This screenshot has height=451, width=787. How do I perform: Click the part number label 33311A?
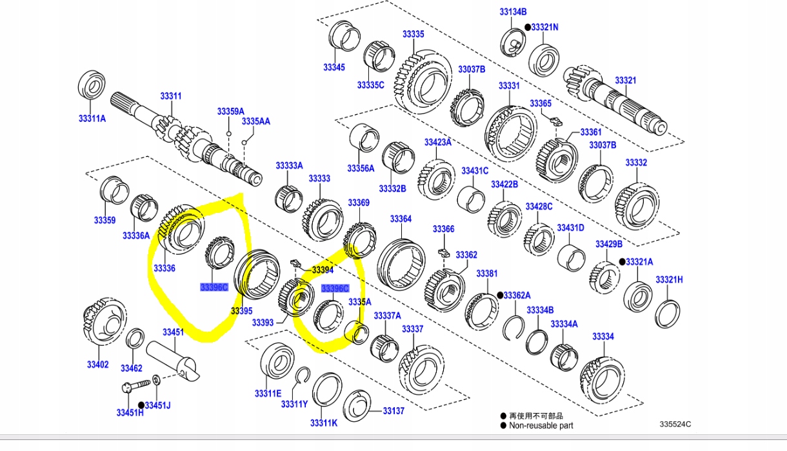point(92,118)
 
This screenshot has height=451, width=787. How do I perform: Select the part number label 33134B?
point(513,12)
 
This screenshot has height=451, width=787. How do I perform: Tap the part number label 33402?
point(98,365)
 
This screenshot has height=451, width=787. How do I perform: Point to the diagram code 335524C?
point(675,424)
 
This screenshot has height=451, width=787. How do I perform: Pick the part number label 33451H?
point(130,413)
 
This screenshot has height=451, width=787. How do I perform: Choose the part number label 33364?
point(400,219)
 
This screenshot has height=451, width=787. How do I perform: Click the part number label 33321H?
point(669,279)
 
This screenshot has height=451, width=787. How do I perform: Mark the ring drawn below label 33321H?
point(667,312)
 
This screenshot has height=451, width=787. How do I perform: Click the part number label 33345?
point(334,67)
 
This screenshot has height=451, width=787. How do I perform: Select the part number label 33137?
point(393,410)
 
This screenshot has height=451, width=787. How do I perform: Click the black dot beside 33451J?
point(141,405)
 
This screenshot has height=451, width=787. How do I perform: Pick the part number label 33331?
point(508,86)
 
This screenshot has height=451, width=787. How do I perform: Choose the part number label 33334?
point(603,336)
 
